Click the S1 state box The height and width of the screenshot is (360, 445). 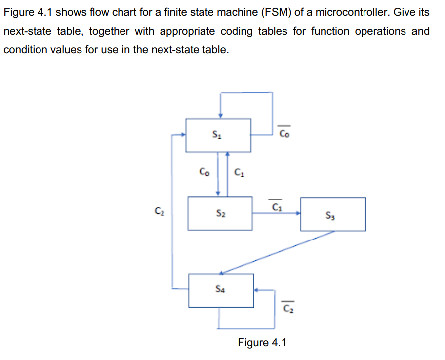(x=218, y=134)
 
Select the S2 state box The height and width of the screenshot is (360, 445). (x=220, y=213)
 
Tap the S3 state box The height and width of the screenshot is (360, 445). (x=333, y=214)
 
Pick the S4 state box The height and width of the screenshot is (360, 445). (x=221, y=290)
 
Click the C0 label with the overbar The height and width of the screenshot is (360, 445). (x=285, y=132)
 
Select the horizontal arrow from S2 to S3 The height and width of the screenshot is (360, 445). (x=277, y=213)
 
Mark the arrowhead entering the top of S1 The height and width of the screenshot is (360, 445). (x=221, y=115)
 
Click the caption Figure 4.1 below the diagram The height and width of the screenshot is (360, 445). (x=262, y=342)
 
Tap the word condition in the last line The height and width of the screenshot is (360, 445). (x=24, y=50)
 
